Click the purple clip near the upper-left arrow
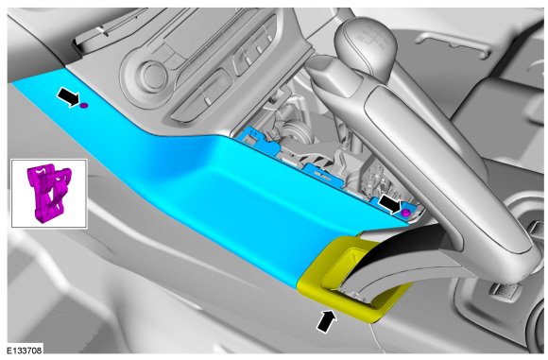pos(84,105)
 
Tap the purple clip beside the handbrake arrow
pos(405,213)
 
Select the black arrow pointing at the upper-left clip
pos(68,96)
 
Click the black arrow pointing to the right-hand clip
pos(389,204)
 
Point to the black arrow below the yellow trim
pos(326,321)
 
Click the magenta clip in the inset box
pos(50,193)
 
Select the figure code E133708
pos(25,350)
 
